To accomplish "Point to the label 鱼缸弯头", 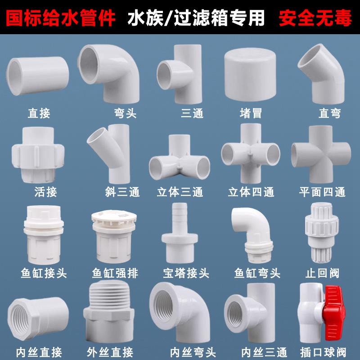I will point(257,273).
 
